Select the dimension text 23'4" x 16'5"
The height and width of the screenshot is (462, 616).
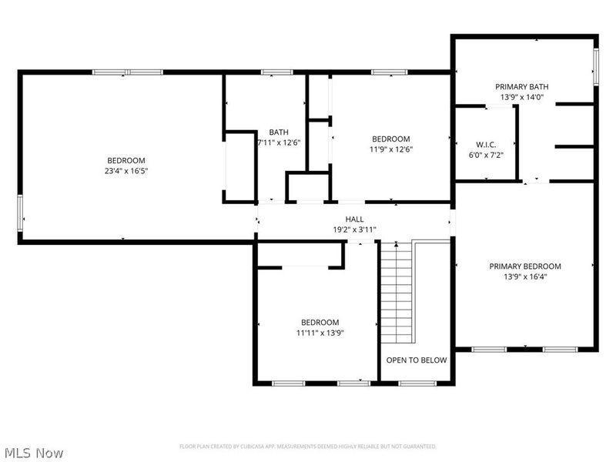(x=126, y=171)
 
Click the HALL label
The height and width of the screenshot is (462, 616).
(x=354, y=219)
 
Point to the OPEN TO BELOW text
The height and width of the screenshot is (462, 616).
(x=416, y=360)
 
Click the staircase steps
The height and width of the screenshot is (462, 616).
(x=397, y=293)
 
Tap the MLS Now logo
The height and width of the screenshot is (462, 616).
(x=33, y=453)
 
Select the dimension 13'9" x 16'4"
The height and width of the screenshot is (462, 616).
(x=524, y=277)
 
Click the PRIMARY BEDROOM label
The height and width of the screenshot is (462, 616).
(x=524, y=266)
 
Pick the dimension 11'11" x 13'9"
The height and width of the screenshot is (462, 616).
(x=320, y=333)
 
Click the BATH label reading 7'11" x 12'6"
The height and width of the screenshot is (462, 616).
(x=278, y=132)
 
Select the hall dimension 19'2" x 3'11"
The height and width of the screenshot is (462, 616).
(x=354, y=229)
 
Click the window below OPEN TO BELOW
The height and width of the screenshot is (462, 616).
(x=417, y=383)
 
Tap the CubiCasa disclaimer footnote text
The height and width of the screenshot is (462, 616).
(x=308, y=446)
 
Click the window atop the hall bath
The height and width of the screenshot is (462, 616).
(x=272, y=72)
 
